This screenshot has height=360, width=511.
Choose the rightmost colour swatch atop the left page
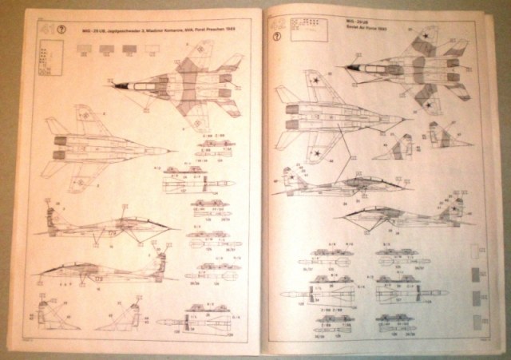(150, 48)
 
